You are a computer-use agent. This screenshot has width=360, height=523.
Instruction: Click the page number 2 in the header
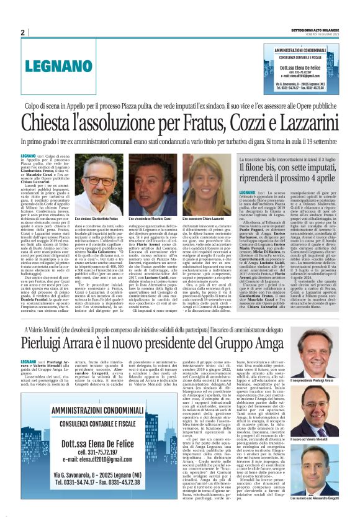click(x=22, y=32)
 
